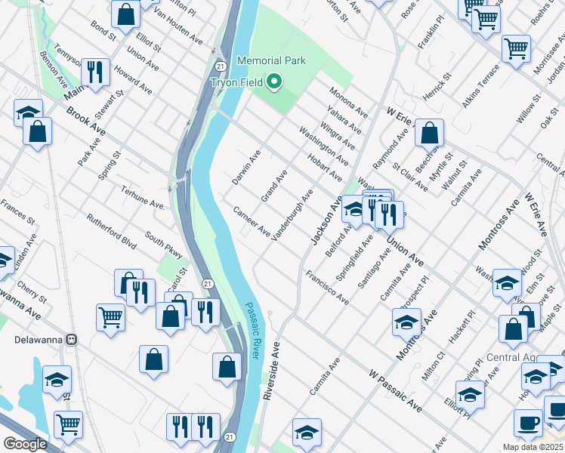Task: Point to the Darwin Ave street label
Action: point(246,167)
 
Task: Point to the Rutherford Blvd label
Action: point(111,234)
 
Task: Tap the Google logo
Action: point(25,444)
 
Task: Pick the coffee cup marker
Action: point(528,422)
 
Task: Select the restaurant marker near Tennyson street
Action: point(95,72)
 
